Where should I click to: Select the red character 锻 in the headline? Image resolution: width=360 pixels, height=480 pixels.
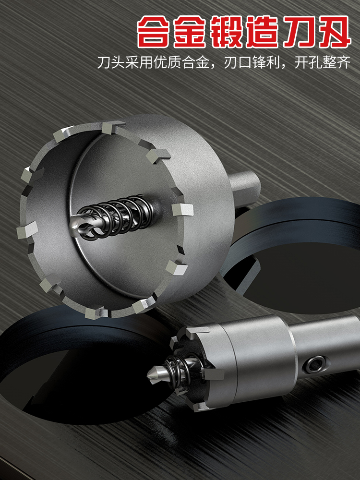click(226, 32)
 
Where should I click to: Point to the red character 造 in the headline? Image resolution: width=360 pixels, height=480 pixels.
click(262, 32)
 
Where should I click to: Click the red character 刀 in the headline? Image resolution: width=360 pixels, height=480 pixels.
click(298, 32)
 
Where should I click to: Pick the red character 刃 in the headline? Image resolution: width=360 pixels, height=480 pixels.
click(334, 32)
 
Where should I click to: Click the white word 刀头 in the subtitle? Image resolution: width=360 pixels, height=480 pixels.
click(111, 62)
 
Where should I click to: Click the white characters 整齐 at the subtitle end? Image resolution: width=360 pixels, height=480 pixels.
click(336, 62)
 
